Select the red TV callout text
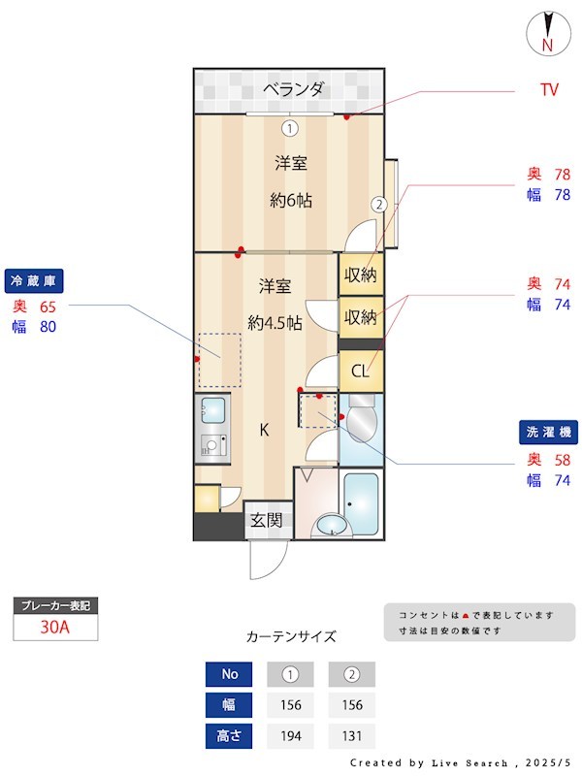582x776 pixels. tap(549, 90)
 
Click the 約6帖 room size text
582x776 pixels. tap(290, 201)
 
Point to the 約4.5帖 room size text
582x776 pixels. tap(275, 322)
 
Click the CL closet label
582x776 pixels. tap(360, 370)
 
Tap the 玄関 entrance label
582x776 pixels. tap(266, 520)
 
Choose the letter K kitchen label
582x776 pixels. tap(263, 430)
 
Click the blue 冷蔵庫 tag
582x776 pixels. tap(35, 281)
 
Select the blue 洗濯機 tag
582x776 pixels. tap(549, 433)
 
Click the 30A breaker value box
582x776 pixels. tap(54, 627)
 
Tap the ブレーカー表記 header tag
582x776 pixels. tap(54, 605)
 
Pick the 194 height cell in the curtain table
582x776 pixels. tap(289, 736)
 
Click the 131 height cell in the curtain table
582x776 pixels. tap(351, 736)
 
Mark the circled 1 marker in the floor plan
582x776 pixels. tap(289, 127)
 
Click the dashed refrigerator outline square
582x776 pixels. tap(219, 360)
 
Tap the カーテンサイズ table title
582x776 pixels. tap(291, 636)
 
